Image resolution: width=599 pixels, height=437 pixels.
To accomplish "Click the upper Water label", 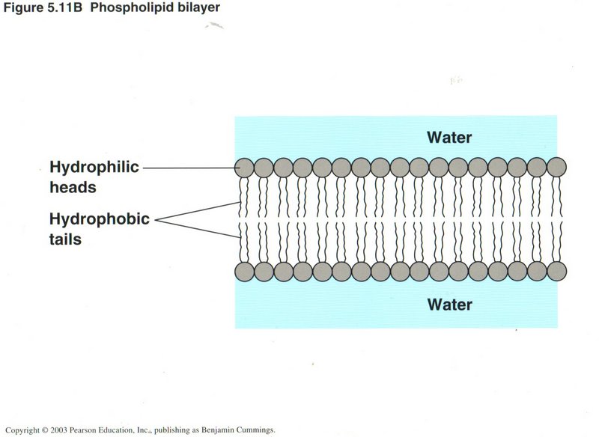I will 449,137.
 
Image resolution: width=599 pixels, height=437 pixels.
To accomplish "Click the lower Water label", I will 449,305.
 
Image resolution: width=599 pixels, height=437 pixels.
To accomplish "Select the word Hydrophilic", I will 94,167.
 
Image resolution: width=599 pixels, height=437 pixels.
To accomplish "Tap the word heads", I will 73,187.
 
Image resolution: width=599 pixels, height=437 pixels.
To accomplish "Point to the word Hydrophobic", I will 100,219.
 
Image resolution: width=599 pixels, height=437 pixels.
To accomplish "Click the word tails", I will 65,239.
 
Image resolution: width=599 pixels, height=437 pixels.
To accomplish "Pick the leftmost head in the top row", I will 244,167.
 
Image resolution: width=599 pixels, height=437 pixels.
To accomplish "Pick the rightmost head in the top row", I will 556,167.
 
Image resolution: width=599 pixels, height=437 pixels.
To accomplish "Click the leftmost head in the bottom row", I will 244,271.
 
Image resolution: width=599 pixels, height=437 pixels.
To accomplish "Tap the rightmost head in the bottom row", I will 556,271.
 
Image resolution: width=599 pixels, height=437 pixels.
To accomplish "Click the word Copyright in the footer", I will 22,430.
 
